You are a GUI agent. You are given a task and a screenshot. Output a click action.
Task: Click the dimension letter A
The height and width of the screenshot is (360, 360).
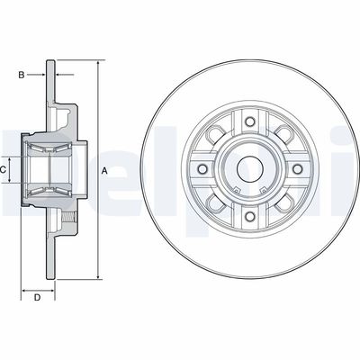pos(104,170)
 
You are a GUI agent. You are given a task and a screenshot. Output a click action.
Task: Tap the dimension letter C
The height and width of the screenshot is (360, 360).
pos(4,168)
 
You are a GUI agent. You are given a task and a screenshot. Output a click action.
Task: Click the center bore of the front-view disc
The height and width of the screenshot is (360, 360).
pos(246,168)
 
